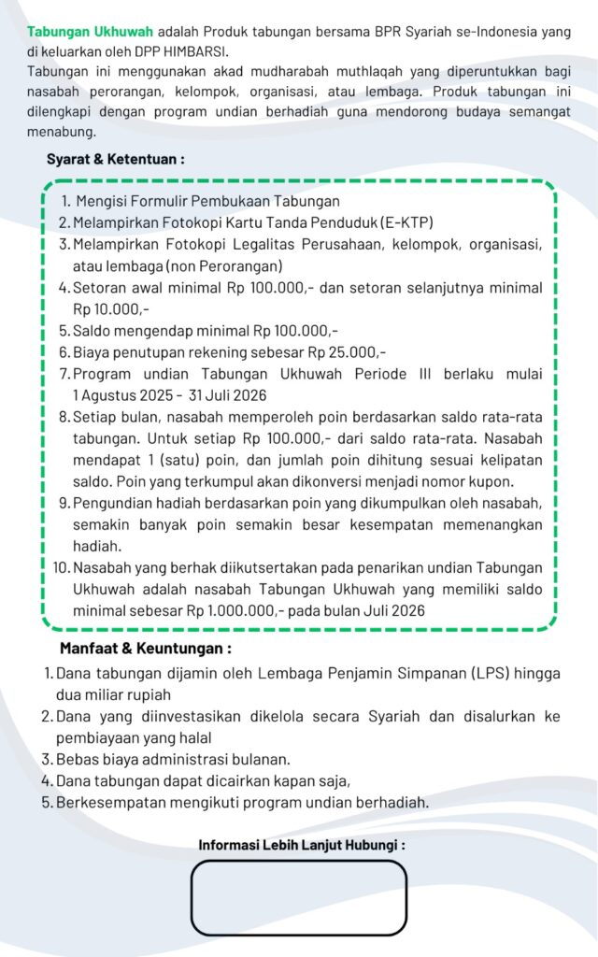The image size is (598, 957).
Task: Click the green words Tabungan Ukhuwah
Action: (x=90, y=32)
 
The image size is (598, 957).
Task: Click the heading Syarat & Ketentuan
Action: (x=116, y=159)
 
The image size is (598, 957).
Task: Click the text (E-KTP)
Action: (x=407, y=222)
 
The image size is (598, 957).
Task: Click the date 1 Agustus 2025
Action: (x=129, y=394)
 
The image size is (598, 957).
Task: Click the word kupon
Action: (x=492, y=481)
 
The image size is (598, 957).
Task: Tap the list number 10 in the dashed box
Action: (x=60, y=567)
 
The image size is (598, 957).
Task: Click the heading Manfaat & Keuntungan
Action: (x=146, y=648)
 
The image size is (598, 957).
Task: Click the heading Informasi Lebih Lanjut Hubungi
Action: (x=302, y=845)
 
